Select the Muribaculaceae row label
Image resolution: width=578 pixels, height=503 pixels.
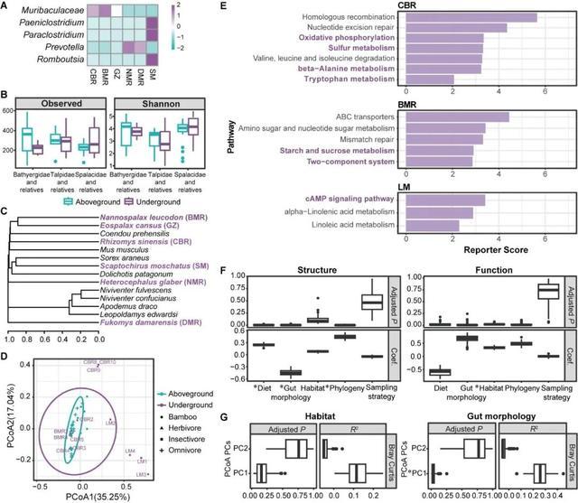tap(46, 12)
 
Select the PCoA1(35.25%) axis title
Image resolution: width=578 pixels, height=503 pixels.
tap(89, 490)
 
